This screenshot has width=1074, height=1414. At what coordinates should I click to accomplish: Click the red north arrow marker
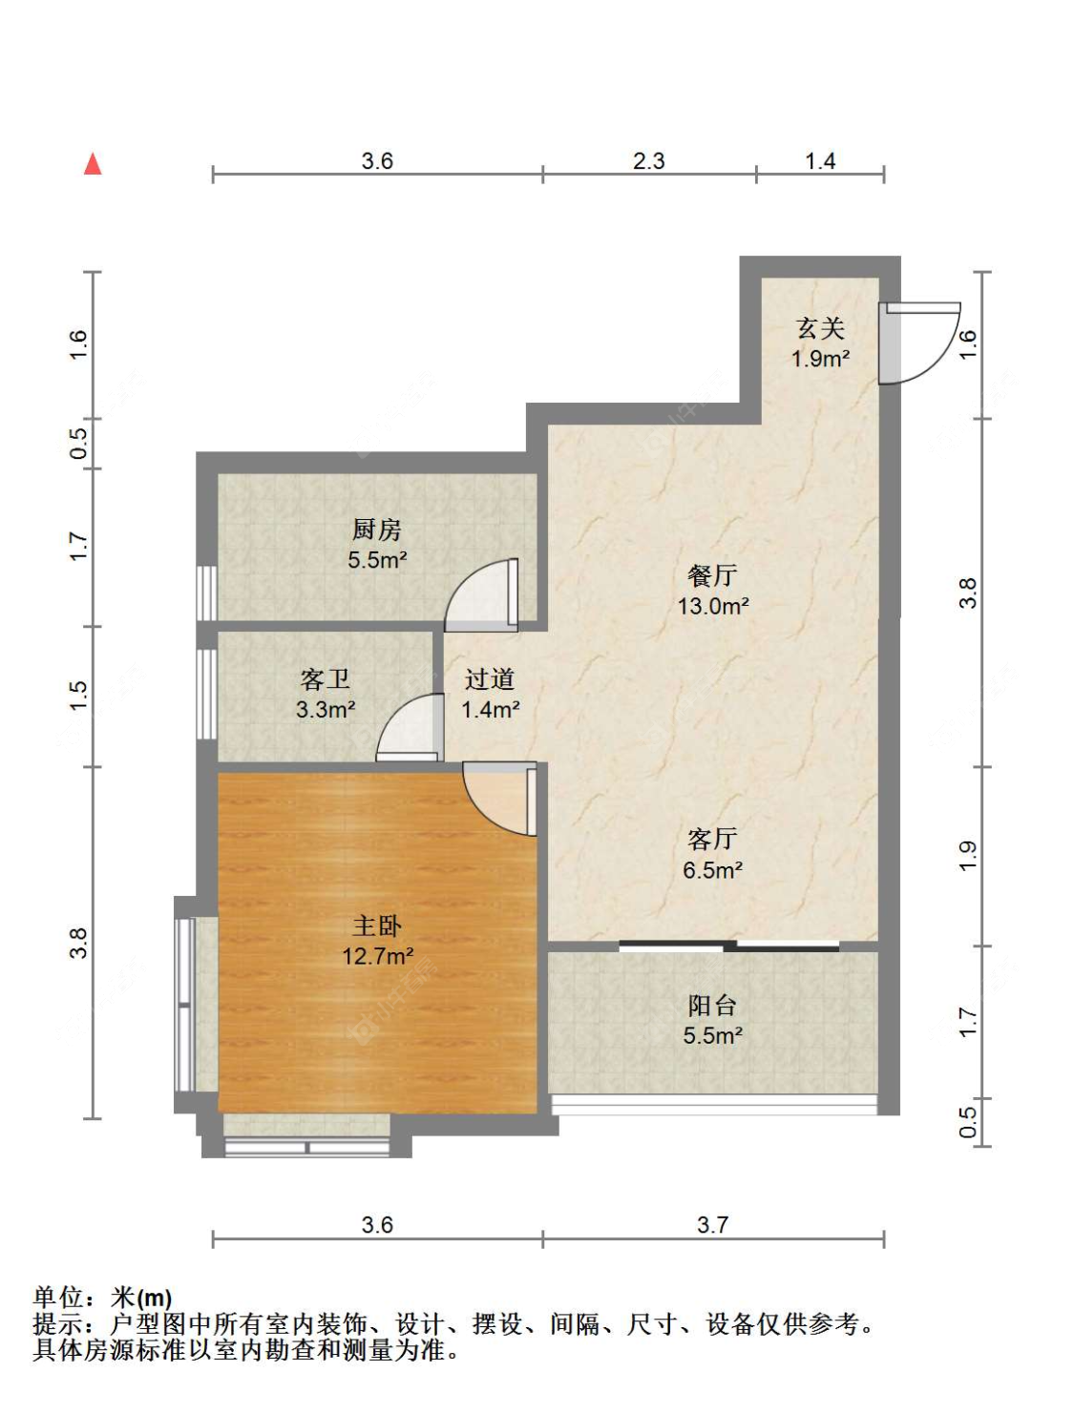pos(93,164)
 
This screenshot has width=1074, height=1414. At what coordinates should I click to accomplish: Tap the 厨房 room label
pos(376,529)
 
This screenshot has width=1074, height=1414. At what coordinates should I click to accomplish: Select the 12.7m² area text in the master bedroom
pos(378,955)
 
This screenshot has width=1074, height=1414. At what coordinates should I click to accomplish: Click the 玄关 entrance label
pos(820,328)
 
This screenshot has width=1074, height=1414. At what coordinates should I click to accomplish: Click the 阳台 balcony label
pos(712,1005)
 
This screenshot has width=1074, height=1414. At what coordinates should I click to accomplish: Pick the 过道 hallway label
pos(490,678)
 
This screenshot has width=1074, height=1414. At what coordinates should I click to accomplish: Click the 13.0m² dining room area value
pos(713,606)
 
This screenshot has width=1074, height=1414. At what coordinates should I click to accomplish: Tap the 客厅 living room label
pos(712,839)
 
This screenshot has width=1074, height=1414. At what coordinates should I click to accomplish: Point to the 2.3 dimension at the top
pos(649,161)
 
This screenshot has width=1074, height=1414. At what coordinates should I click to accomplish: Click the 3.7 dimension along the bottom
pos(712,1225)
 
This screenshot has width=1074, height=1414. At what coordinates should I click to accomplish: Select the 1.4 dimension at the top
pos(820,161)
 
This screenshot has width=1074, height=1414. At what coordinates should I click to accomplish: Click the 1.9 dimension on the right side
pos(967,855)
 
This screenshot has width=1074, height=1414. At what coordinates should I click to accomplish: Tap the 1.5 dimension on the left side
pos(78,695)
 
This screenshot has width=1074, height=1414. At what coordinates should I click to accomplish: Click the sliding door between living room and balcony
pos(729,946)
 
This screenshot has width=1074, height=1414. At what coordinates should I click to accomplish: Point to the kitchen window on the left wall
pos(206,593)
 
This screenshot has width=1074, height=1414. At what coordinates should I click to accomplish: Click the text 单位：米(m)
pos(103,1298)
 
